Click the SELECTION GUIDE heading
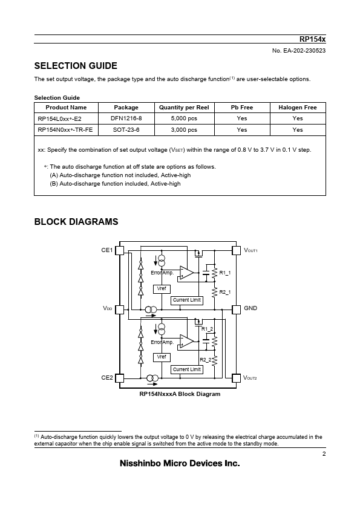pyautogui.click(x=76, y=66)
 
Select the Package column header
pyautogui.click(x=126, y=108)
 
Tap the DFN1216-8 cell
pyautogui.click(x=126, y=118)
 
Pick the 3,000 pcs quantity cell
pyautogui.click(x=184, y=130)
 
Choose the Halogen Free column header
pyautogui.click(x=298, y=108)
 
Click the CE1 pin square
pyautogui.click(x=120, y=251)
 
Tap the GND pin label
pyautogui.click(x=250, y=308)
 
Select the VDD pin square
pyautogui.click(x=120, y=310)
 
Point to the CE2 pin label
pyautogui.click(x=107, y=378)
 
